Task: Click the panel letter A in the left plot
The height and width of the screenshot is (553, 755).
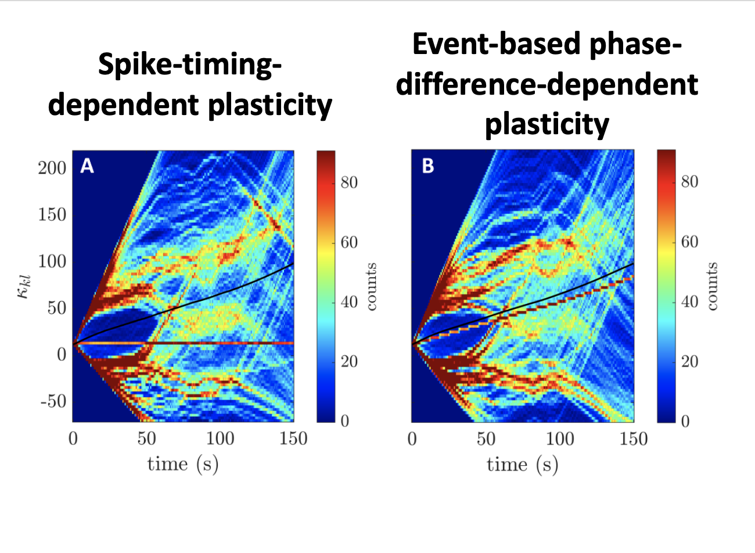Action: (87, 167)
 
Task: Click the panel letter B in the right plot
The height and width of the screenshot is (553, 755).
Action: (427, 167)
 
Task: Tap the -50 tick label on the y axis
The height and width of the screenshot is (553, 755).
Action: (53, 401)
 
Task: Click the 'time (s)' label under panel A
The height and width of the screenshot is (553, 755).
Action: (183, 464)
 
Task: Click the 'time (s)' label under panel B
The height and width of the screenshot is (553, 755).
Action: (522, 464)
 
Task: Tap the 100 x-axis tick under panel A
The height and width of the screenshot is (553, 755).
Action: (220, 438)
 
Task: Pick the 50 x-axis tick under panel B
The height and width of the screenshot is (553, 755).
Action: (486, 438)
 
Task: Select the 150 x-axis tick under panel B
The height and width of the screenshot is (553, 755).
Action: (633, 438)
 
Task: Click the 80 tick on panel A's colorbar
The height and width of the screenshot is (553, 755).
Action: (349, 182)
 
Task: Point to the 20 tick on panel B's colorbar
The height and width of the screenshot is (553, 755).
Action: (689, 361)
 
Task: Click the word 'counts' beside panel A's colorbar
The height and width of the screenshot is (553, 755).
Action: (371, 286)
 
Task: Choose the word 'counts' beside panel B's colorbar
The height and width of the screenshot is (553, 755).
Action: (711, 286)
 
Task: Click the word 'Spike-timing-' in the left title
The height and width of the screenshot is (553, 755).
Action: (190, 65)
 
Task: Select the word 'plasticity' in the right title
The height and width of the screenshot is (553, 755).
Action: (547, 124)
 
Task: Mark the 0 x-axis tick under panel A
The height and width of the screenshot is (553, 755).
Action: (73, 438)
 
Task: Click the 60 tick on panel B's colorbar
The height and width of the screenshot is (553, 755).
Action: (689, 242)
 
